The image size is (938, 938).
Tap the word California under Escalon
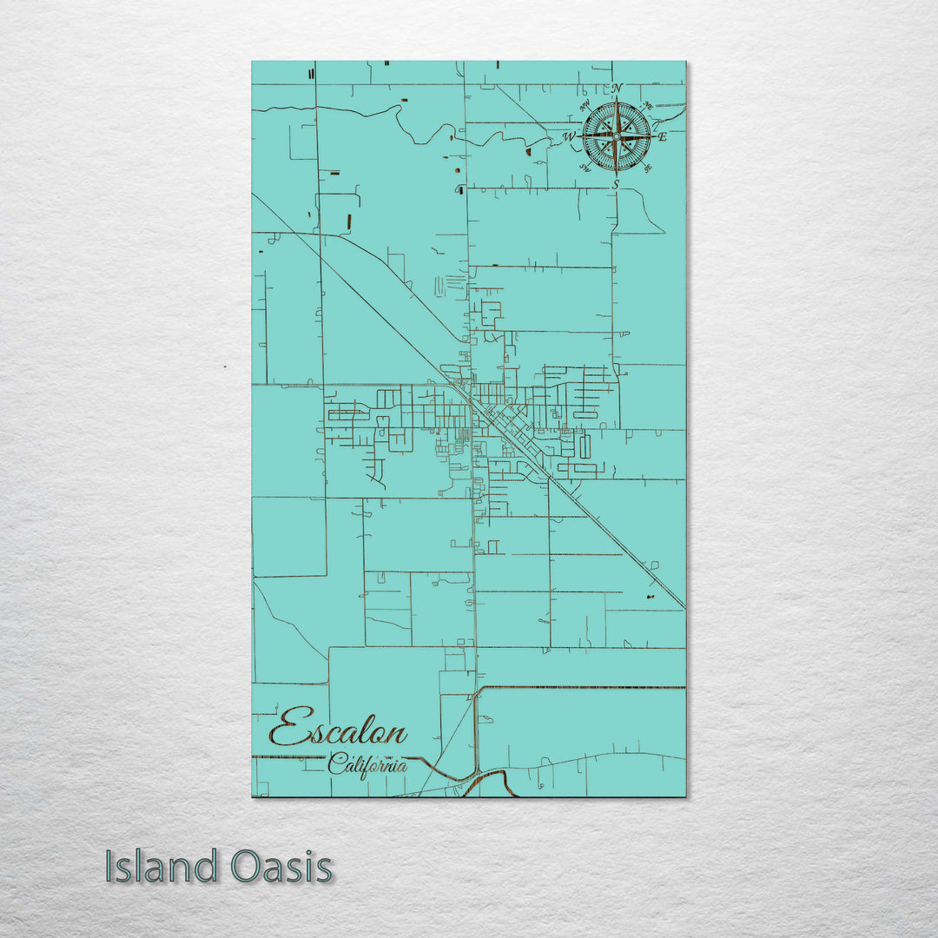click(x=367, y=765)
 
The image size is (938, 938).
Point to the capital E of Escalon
click(x=287, y=727)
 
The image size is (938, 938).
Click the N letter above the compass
click(x=617, y=89)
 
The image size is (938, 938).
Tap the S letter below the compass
click(x=616, y=184)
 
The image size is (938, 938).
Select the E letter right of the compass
click(x=662, y=136)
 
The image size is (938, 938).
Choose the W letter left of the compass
click(x=568, y=137)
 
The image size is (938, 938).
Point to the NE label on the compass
click(x=647, y=106)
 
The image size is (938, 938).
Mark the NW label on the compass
click(x=585, y=106)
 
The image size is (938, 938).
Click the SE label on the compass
click(x=647, y=168)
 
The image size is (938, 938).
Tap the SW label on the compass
click(x=585, y=168)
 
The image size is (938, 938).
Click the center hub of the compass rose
click(x=616, y=136)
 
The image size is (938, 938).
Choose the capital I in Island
click(x=109, y=866)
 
